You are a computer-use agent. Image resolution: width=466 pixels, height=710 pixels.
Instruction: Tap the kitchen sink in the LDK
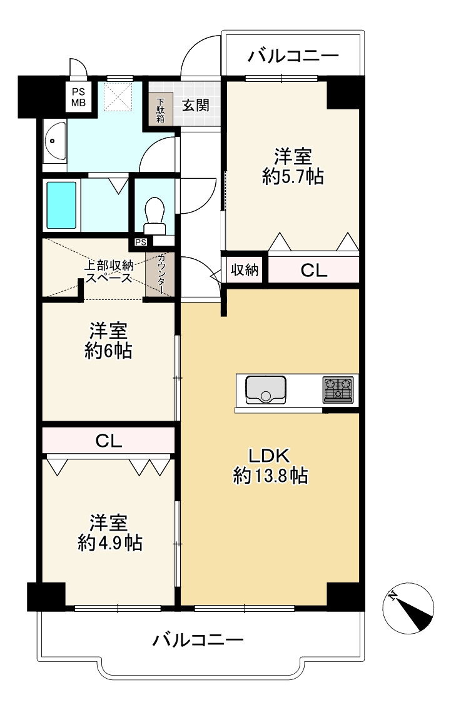(x=266, y=388)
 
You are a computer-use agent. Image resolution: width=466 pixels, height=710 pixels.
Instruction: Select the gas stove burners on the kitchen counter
(x=338, y=389)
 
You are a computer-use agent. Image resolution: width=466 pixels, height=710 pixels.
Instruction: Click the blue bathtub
(x=61, y=205)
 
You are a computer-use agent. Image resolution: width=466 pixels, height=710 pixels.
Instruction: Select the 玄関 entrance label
(x=195, y=105)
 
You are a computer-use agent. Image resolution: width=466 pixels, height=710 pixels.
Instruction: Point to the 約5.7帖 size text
(x=293, y=177)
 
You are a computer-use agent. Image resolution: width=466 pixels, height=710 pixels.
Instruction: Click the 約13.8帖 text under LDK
(x=270, y=476)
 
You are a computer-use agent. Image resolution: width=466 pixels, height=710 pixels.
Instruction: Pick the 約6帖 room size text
(x=108, y=351)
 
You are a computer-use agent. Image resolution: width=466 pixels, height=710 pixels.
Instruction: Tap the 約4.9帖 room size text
(x=109, y=542)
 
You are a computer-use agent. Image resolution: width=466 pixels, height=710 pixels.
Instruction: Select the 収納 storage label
(x=245, y=270)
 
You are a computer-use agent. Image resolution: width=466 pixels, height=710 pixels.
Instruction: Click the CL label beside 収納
(x=313, y=270)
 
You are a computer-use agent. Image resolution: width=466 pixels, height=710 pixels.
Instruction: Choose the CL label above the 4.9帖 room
(x=108, y=441)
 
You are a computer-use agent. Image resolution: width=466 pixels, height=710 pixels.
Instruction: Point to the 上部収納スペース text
(x=108, y=271)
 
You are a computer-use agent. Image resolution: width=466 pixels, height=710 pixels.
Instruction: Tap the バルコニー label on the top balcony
(x=293, y=56)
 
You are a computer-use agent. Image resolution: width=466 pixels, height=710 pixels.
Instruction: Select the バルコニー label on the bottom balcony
(x=198, y=640)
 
